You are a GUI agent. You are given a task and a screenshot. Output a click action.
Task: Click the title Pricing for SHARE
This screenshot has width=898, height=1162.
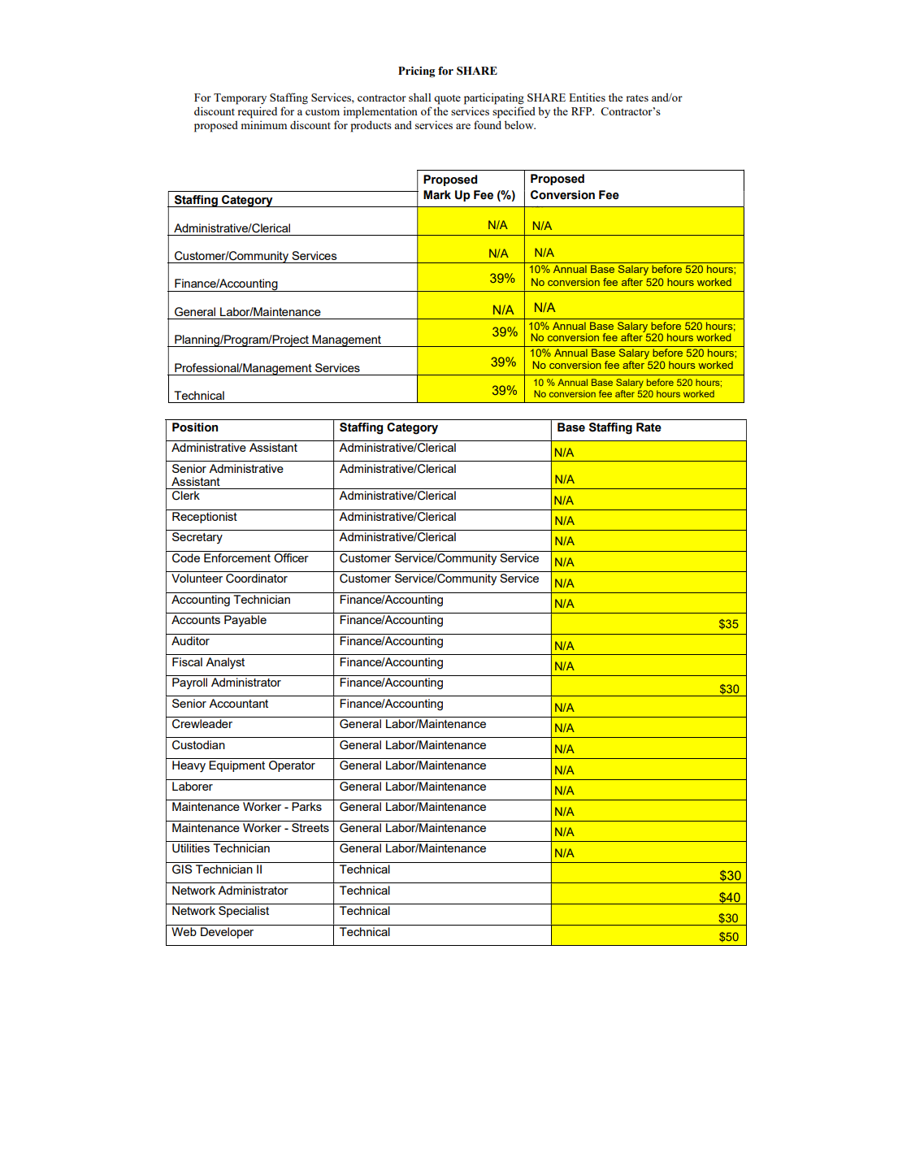(447, 72)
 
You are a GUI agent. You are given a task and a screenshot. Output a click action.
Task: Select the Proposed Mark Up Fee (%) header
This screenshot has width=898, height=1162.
(469, 188)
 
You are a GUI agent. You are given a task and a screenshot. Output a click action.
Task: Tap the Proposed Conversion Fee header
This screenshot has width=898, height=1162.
(574, 188)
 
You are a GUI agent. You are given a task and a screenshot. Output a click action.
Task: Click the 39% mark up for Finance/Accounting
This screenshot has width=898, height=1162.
(501, 279)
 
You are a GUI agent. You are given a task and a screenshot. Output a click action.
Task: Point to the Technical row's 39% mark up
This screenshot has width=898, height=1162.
(504, 391)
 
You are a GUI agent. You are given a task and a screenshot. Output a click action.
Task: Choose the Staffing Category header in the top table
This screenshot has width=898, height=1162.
(223, 200)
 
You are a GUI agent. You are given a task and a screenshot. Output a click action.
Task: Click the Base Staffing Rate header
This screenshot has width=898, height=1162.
(609, 428)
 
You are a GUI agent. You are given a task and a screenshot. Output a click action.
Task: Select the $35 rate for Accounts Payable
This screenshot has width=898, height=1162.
(728, 625)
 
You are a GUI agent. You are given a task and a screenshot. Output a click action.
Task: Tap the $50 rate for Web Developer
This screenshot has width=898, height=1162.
(728, 937)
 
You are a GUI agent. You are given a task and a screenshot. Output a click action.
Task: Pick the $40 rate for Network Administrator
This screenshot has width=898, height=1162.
(729, 898)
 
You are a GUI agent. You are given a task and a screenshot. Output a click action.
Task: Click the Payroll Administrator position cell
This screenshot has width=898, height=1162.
(226, 683)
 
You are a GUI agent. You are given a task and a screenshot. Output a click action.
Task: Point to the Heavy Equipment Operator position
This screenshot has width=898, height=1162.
(243, 766)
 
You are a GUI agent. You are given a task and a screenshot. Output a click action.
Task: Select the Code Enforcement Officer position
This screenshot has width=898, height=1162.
(240, 559)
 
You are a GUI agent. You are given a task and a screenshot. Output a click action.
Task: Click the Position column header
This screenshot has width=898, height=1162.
(195, 428)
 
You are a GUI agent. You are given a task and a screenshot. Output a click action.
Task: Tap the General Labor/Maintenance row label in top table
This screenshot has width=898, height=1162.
(247, 312)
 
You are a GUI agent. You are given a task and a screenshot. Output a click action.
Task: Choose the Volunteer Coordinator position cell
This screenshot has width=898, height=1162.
(229, 579)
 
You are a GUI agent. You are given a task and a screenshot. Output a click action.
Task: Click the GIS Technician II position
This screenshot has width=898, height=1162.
(217, 870)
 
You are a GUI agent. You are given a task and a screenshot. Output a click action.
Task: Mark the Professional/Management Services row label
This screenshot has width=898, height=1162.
(267, 368)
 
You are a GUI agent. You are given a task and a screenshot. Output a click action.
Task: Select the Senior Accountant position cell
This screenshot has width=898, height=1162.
(219, 705)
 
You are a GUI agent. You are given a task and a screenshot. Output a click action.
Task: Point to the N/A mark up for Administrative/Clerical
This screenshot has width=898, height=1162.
(497, 225)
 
